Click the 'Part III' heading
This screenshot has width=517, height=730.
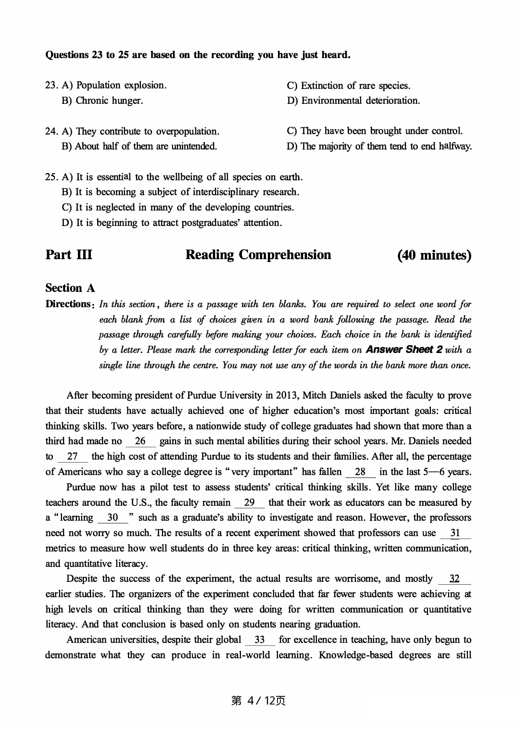pos(69,255)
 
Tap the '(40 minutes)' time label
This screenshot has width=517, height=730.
pos(434,255)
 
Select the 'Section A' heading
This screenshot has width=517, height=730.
pos(70,288)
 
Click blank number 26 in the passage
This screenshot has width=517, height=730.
pos(140,441)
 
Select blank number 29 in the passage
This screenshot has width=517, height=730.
pos(249,503)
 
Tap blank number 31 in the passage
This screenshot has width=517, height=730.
pos(454,533)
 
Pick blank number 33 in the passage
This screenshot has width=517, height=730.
pos(260,640)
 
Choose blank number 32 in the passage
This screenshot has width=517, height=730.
pos(454,579)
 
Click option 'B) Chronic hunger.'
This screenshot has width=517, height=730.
pos(102,101)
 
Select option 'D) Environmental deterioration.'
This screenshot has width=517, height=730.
pos(353,101)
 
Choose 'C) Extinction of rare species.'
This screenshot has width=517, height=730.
pos(349,86)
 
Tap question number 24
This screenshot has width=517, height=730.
pos(51,131)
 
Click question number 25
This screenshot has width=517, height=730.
pos(51,177)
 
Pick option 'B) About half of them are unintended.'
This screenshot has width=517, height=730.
pos(139,146)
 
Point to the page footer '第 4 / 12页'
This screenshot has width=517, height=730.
pos(258,701)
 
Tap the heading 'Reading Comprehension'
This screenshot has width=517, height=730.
pos(258,255)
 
